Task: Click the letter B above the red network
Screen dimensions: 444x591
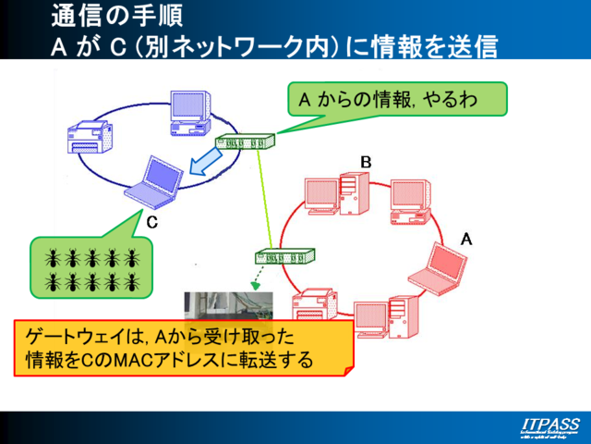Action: (x=366, y=163)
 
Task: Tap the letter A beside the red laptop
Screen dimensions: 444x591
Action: (x=466, y=239)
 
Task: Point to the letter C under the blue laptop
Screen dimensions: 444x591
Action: (x=152, y=222)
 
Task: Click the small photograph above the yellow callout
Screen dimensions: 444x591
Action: (x=229, y=305)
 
